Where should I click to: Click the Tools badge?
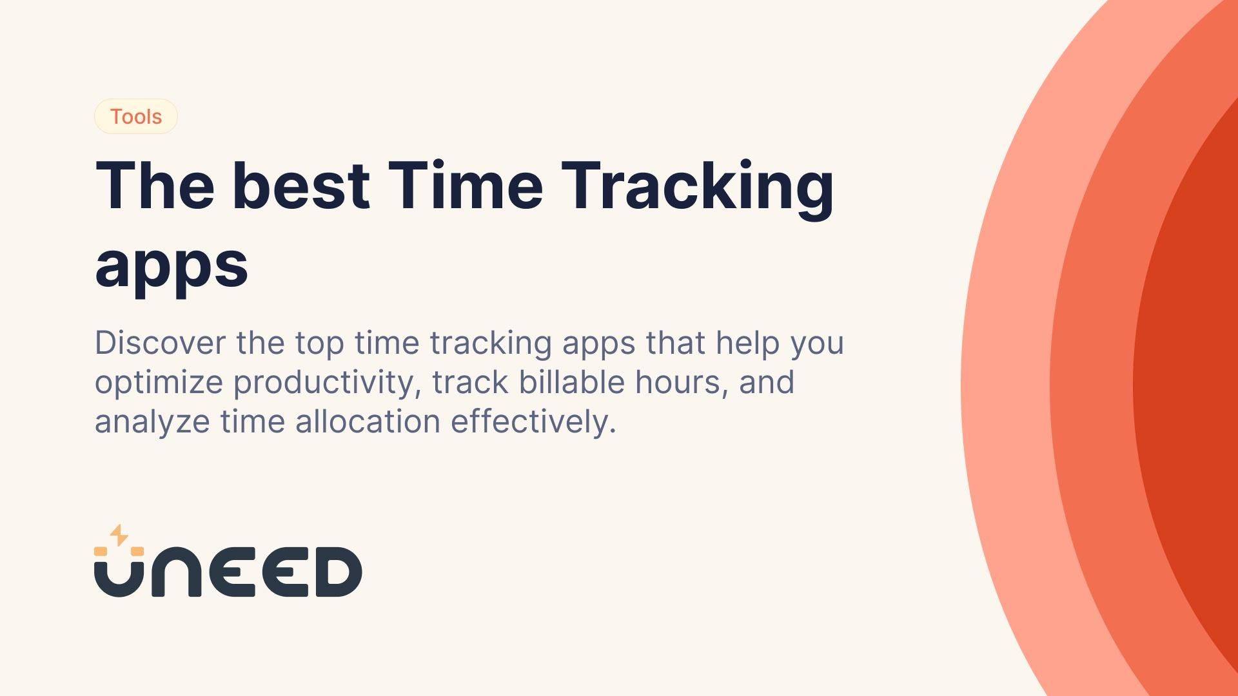136,117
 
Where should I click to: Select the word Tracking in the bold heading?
697,187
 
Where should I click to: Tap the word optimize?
159,383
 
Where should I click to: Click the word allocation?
368,422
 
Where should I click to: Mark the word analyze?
152,422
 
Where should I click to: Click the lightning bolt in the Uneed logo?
119,535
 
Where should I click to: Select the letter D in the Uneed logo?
338,572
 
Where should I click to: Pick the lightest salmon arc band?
1006,387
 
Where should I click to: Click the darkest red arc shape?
1193,387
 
